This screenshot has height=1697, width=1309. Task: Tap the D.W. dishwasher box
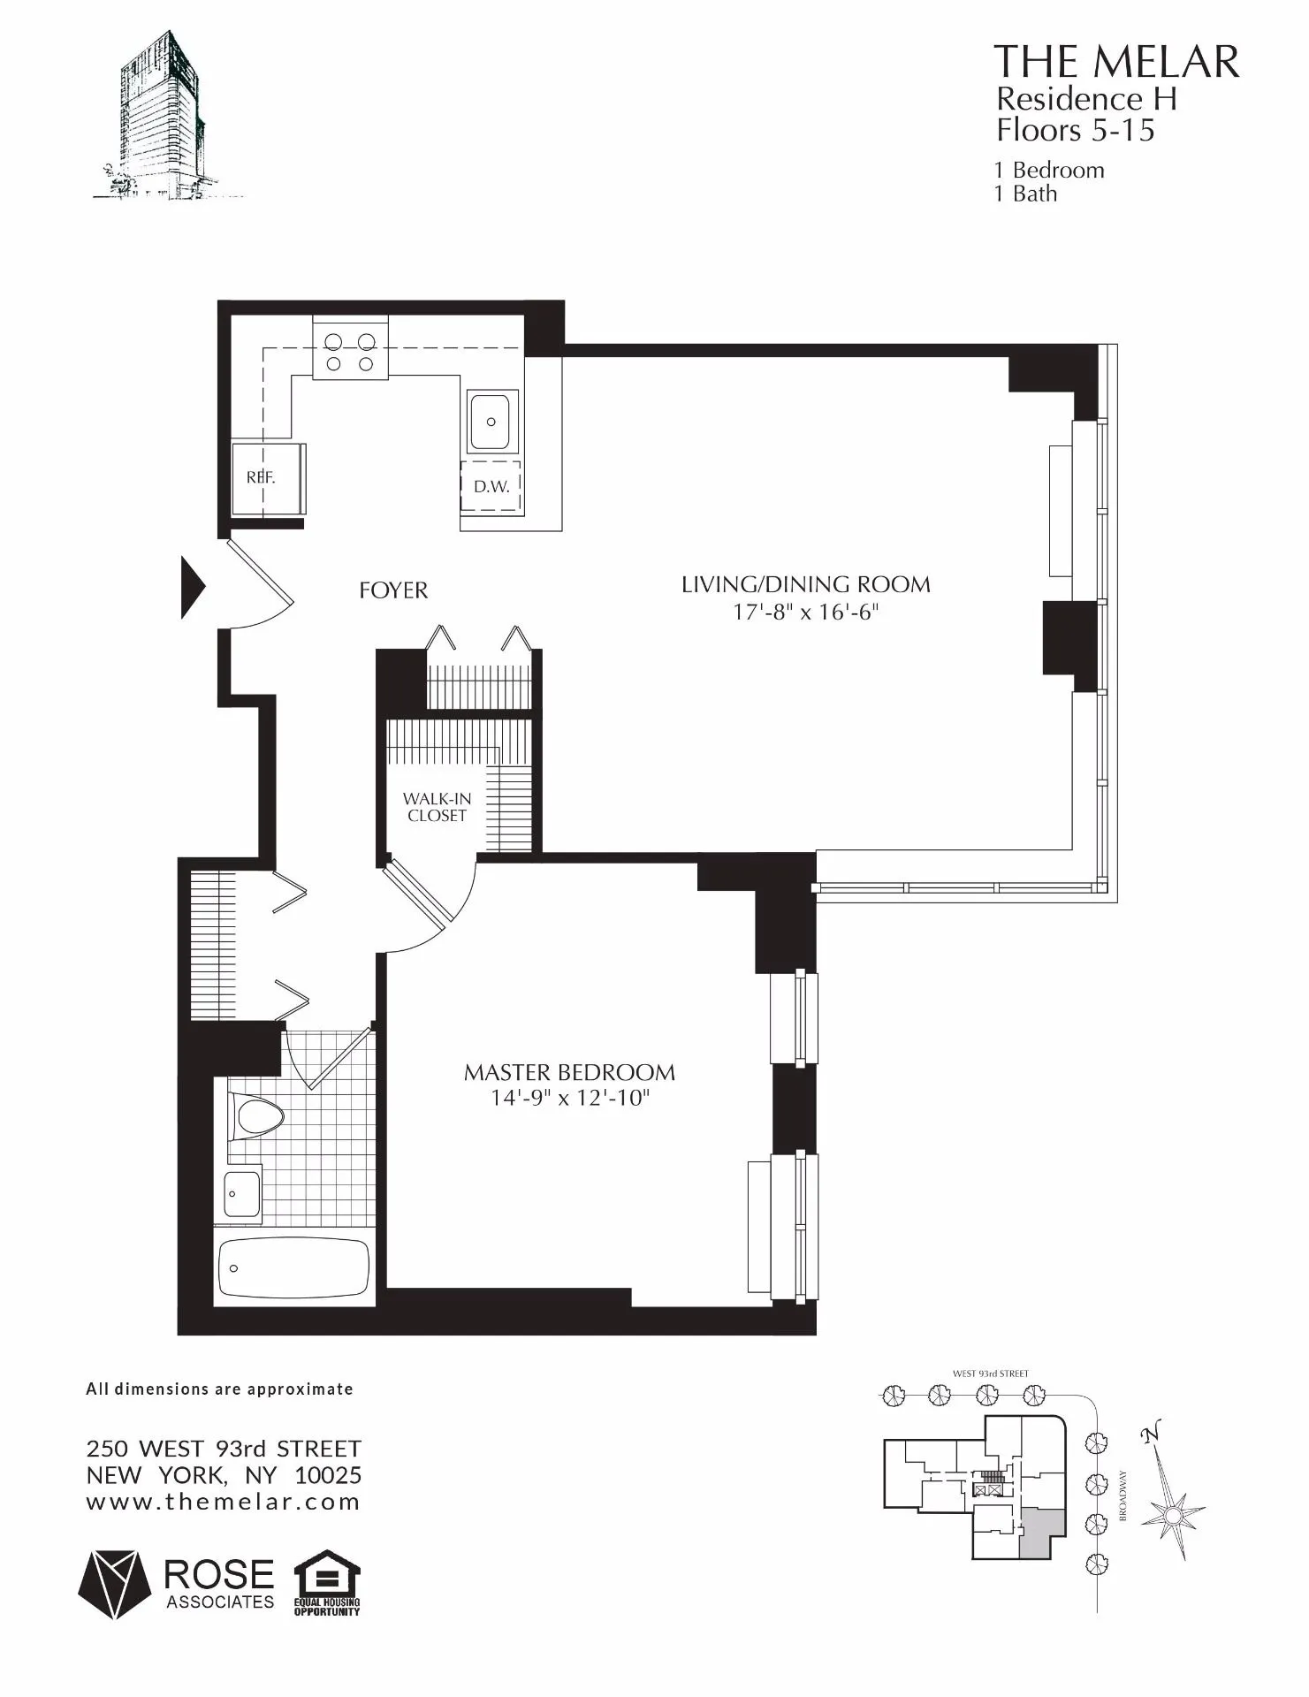[491, 486]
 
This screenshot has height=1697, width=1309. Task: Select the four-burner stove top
[350, 351]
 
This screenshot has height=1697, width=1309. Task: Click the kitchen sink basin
[491, 422]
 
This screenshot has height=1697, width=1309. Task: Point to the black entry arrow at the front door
[193, 587]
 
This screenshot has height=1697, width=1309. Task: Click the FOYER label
[393, 590]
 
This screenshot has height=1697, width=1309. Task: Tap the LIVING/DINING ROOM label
[805, 584]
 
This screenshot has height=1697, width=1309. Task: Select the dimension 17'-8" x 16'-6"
[805, 612]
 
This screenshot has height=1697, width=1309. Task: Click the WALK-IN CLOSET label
[437, 807]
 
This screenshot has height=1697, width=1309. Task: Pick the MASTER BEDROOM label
[569, 1073]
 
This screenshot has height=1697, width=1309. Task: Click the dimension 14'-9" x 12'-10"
[570, 1099]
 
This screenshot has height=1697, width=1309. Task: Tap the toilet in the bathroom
[255, 1116]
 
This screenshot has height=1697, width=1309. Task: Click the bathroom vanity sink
[240, 1193]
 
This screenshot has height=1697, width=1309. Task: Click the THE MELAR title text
[1116, 62]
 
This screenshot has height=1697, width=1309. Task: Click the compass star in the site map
[1172, 1517]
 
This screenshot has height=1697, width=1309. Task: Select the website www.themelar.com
[223, 1502]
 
